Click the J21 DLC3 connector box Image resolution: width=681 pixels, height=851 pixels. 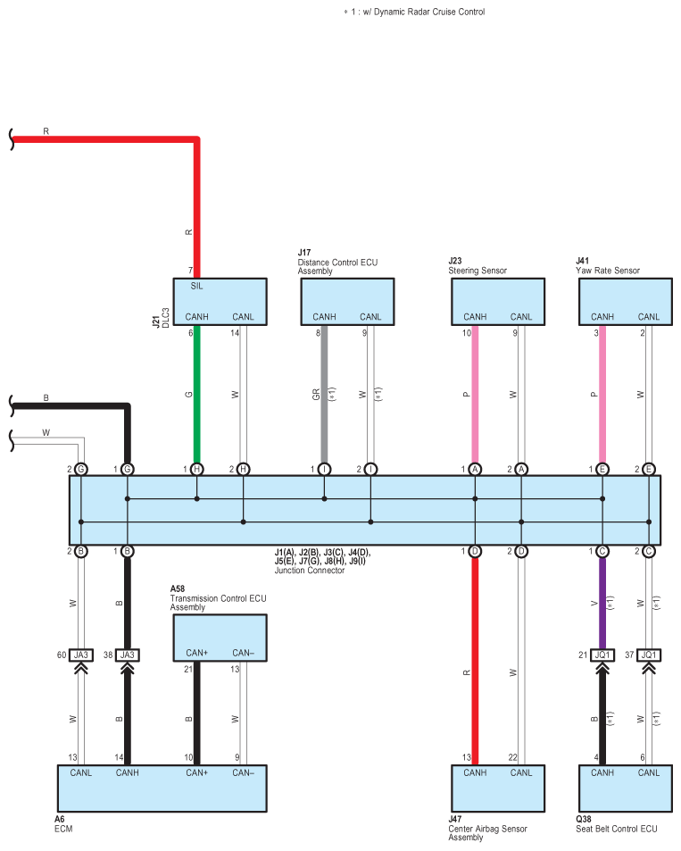pyautogui.click(x=220, y=301)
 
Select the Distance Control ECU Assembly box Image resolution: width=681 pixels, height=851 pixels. pyautogui.click(x=347, y=301)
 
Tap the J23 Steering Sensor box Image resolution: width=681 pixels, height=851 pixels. pyautogui.click(x=498, y=301)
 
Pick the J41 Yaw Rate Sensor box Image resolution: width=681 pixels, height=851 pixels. pyautogui.click(x=626, y=301)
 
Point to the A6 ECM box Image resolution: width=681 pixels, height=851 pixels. pyautogui.click(x=162, y=787)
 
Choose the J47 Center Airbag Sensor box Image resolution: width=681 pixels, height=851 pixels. pyautogui.click(x=498, y=787)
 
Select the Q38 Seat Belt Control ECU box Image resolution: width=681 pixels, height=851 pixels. pyautogui.click(x=626, y=787)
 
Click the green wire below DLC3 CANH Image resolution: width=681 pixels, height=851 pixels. pyautogui.click(x=196, y=393)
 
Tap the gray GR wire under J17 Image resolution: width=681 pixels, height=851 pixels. pyautogui.click(x=324, y=393)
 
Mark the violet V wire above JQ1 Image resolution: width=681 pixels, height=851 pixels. pyautogui.click(x=602, y=603)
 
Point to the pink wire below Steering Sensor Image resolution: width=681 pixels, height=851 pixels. pyautogui.click(x=475, y=393)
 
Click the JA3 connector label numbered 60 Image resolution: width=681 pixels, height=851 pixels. pyautogui.click(x=81, y=655)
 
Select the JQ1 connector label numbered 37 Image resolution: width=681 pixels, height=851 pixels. pyautogui.click(x=649, y=655)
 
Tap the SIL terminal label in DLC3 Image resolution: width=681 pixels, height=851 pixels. pyautogui.click(x=197, y=287)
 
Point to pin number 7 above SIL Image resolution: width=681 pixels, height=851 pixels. pyautogui.click(x=190, y=271)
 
